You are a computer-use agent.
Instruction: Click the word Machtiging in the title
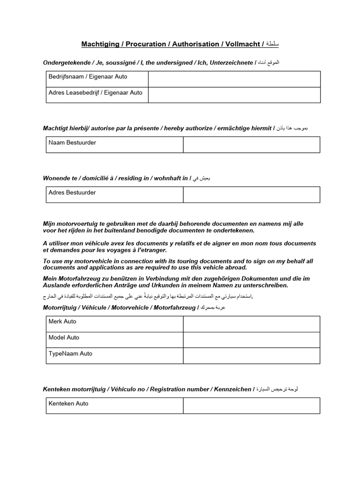pyautogui.click(x=99, y=44)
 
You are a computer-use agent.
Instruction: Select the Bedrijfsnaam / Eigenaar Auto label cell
pyautogui.click(x=88, y=77)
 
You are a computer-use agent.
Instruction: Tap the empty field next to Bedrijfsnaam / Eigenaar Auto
pyautogui.click(x=234, y=79)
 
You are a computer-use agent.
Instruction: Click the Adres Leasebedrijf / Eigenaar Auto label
pyautogui.click(x=95, y=93)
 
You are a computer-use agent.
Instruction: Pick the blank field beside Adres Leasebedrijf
pyautogui.click(x=234, y=95)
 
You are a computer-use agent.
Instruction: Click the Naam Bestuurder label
pyautogui.click(x=72, y=142)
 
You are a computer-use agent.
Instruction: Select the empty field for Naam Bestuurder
pyautogui.click(x=251, y=145)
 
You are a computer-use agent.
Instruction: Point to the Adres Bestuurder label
pyautogui.click(x=72, y=193)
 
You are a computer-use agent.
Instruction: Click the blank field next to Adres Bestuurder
pyautogui.click(x=251, y=195)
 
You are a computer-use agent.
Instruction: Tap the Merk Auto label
pyautogui.click(x=62, y=322)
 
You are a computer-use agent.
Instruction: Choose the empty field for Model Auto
pyautogui.click(x=251, y=340)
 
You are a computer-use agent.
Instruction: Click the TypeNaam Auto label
pyautogui.click(x=70, y=354)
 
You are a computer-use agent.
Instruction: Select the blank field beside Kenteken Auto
pyautogui.click(x=251, y=406)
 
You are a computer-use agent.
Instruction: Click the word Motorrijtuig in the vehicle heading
pyautogui.click(x=61, y=307)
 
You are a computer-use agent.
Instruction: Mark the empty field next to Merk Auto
pyautogui.click(x=251, y=324)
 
